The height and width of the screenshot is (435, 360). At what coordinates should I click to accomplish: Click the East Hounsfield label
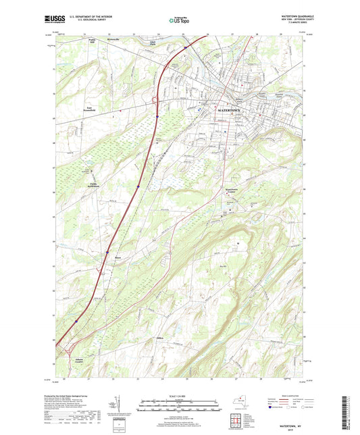point(93,107)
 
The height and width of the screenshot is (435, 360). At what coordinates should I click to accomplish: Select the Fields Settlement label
point(91,185)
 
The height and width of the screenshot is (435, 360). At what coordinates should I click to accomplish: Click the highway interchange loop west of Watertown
point(155,101)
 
